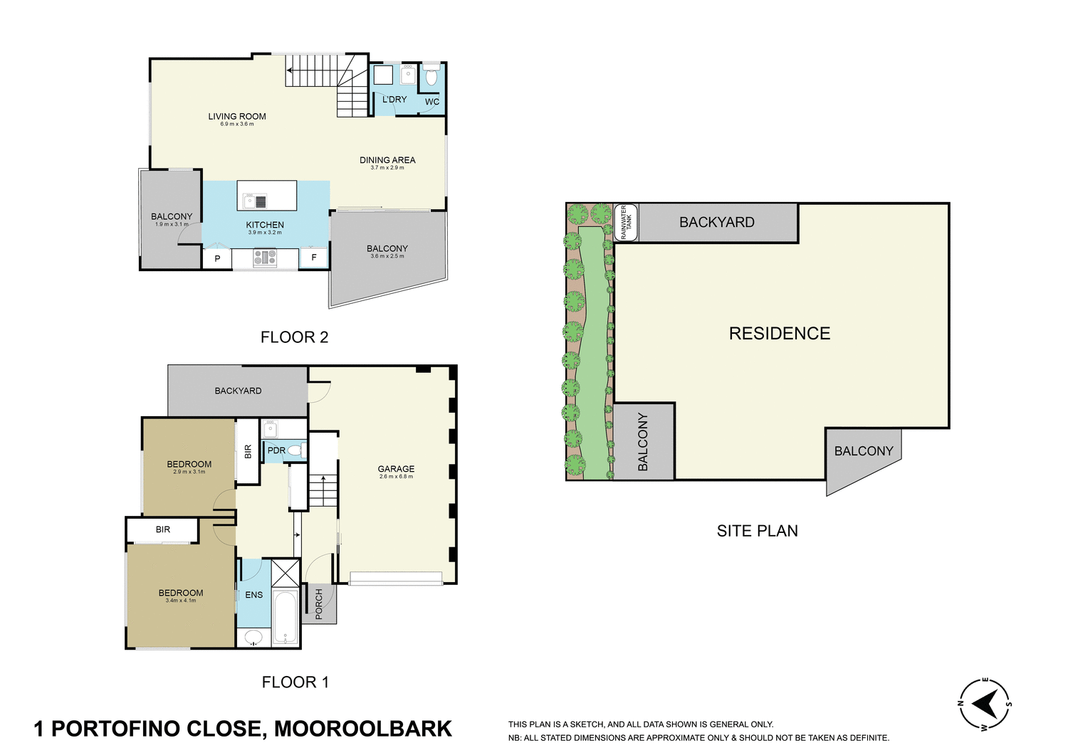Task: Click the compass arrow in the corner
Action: point(985,704)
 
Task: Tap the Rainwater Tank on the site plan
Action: point(626,222)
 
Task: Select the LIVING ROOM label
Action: point(237,116)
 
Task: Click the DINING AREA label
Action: point(387,160)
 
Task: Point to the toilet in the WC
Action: point(431,75)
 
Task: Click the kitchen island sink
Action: point(250,201)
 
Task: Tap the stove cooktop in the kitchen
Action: point(265,258)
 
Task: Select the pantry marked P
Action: point(217,259)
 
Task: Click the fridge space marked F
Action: point(314,258)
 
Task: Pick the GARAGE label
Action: point(396,469)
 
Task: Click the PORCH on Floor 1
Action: point(319,603)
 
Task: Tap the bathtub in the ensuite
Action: point(286,618)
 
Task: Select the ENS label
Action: point(254,595)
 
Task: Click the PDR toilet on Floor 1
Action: point(295,450)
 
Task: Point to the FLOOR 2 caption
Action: point(294,337)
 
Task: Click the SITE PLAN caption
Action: point(757,531)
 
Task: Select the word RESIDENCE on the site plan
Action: point(780,334)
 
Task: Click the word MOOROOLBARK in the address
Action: point(363,729)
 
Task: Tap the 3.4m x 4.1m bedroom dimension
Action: point(181,601)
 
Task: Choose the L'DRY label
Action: point(394,100)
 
